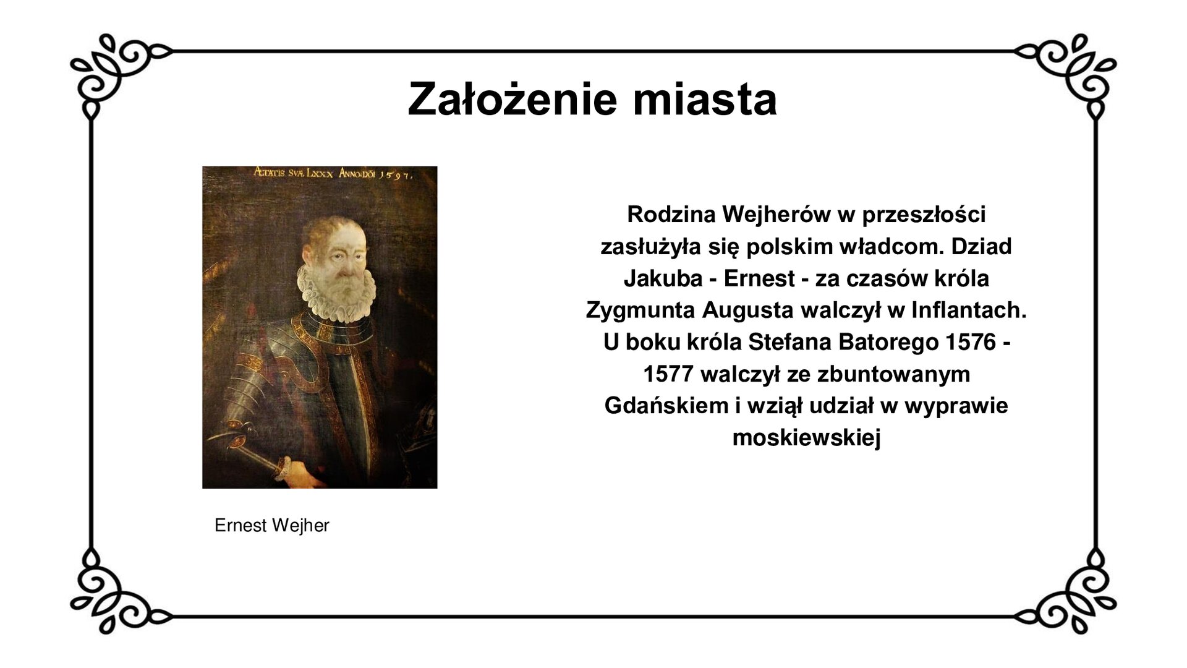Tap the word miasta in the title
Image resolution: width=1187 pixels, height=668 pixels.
(x=705, y=99)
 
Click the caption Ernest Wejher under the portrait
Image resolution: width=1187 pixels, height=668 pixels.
(x=271, y=526)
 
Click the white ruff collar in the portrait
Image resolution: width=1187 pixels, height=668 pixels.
(x=337, y=291)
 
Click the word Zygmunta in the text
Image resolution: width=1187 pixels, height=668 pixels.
(x=640, y=310)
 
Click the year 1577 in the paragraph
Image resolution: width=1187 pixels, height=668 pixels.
(x=668, y=374)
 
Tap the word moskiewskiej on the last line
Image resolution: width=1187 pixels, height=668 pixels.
(x=806, y=438)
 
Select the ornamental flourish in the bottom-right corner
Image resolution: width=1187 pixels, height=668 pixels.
(x=1073, y=594)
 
